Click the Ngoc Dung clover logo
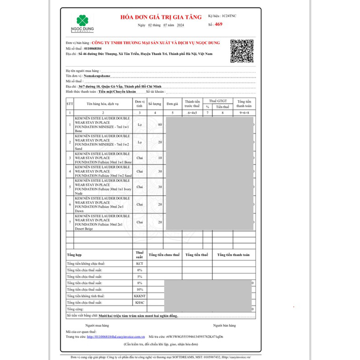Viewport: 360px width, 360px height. click(81, 20)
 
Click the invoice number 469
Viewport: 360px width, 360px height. click(219, 24)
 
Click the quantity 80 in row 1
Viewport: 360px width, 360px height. click(160, 124)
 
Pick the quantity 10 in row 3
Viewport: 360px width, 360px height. click(160, 158)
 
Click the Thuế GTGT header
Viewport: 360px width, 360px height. click(218, 101)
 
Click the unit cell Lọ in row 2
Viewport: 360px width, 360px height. click(139, 142)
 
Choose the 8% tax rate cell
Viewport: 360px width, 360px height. click(139, 283)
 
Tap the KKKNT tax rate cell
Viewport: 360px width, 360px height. click(139, 296)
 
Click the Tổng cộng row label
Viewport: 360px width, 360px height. click(75, 309)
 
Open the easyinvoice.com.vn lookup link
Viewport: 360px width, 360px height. click(116, 336)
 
